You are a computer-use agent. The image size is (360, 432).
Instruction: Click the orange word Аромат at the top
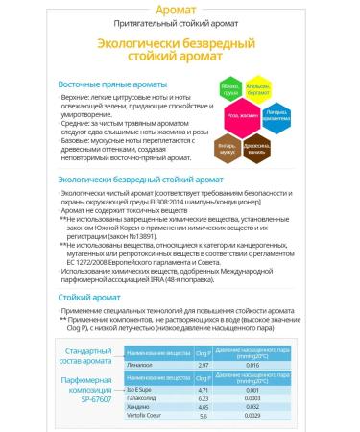click(180, 10)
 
